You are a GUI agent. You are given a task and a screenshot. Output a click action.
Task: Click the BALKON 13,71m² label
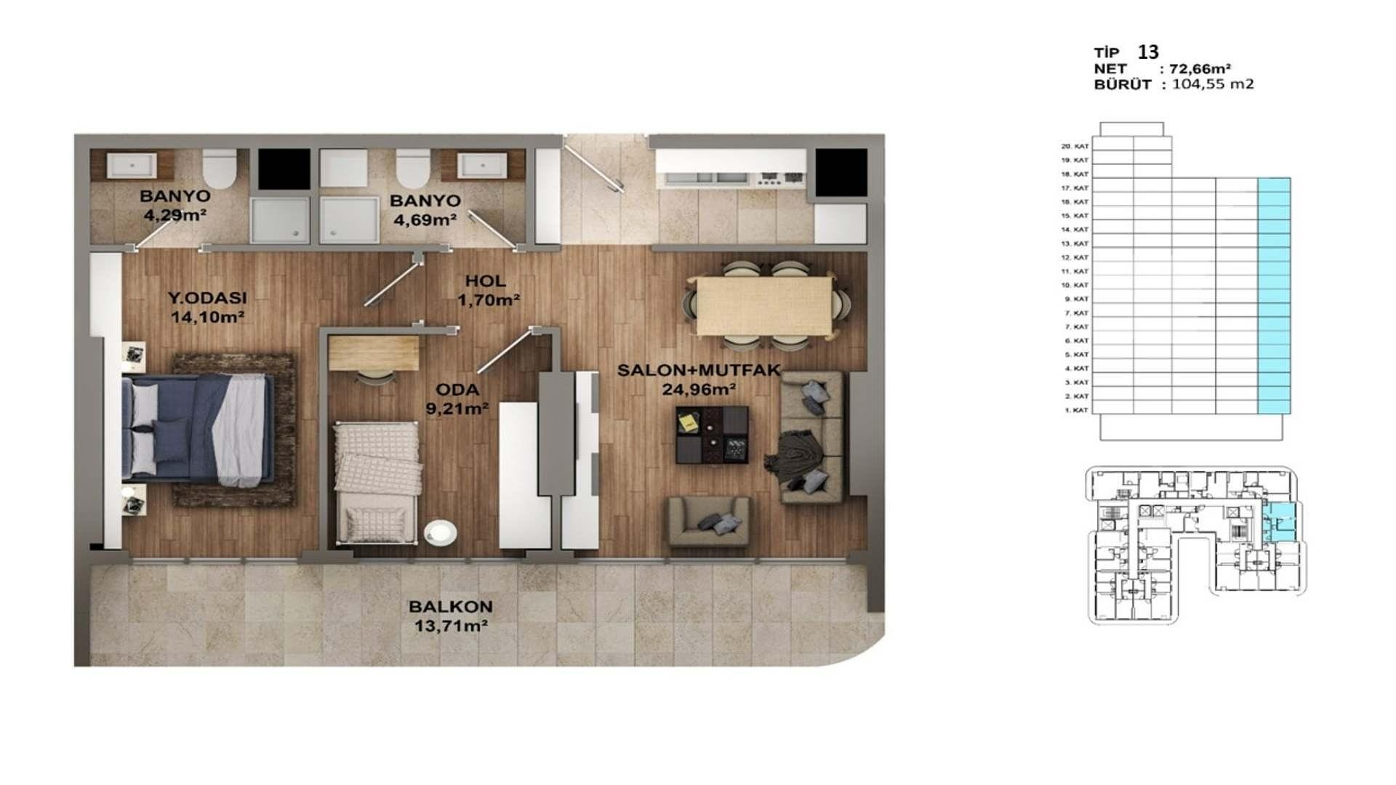(450, 616)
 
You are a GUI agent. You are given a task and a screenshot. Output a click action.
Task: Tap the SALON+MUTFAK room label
(698, 379)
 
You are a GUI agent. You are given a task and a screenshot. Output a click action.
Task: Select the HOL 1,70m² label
(487, 289)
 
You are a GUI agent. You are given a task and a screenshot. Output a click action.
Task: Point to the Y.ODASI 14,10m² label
(207, 306)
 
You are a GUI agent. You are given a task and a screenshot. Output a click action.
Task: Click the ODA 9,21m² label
(457, 398)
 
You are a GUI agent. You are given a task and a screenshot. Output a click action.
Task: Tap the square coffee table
(712, 434)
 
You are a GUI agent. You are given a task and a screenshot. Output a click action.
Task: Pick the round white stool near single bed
(441, 532)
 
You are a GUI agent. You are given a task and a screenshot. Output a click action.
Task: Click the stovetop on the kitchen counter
(781, 177)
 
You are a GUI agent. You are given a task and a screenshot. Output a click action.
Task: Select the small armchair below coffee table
(709, 521)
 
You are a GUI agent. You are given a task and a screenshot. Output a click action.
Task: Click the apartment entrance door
(594, 166)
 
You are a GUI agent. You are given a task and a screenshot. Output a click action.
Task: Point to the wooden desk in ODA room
(374, 353)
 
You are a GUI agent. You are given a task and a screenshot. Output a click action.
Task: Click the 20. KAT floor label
(1075, 146)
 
